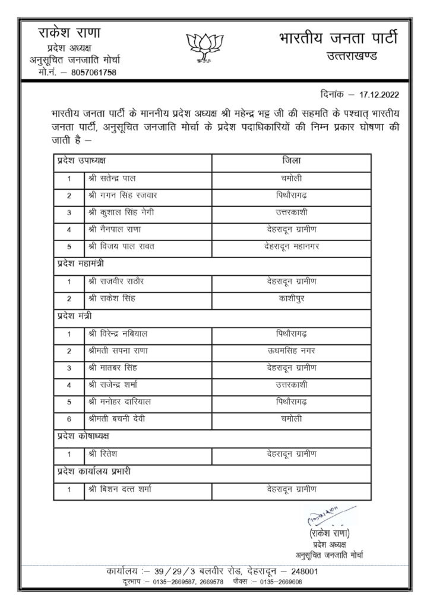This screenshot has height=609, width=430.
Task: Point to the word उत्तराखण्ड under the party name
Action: coord(355,56)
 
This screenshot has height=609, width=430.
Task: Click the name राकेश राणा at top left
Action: coord(69,33)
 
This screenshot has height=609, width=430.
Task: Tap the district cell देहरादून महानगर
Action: coord(291,246)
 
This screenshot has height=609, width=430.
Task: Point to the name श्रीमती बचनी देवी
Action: coord(116,419)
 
